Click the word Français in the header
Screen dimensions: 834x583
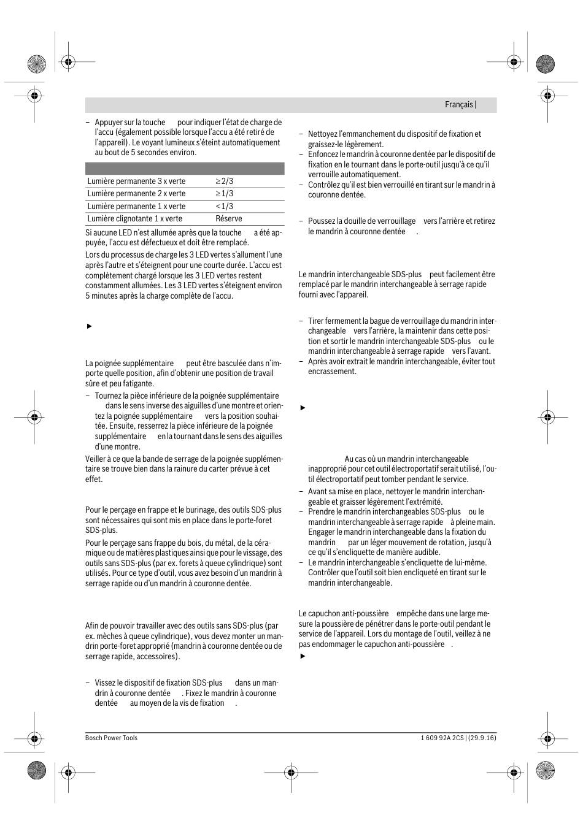[x=458, y=105]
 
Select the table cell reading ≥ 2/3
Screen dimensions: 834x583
[x=224, y=182]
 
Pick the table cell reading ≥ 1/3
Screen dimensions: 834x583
[x=224, y=194]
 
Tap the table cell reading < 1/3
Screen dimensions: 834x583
[x=224, y=207]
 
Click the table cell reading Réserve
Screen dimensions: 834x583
[x=228, y=219]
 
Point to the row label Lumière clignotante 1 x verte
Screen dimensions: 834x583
[x=134, y=219]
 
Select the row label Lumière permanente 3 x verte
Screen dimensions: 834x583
[x=136, y=182]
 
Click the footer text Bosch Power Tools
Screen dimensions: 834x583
[x=111, y=738]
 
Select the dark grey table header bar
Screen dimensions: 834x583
[x=185, y=169]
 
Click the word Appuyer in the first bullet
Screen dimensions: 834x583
[x=109, y=123]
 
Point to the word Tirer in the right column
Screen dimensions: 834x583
[x=316, y=321]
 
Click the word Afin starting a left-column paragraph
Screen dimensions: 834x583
[x=92, y=626]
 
